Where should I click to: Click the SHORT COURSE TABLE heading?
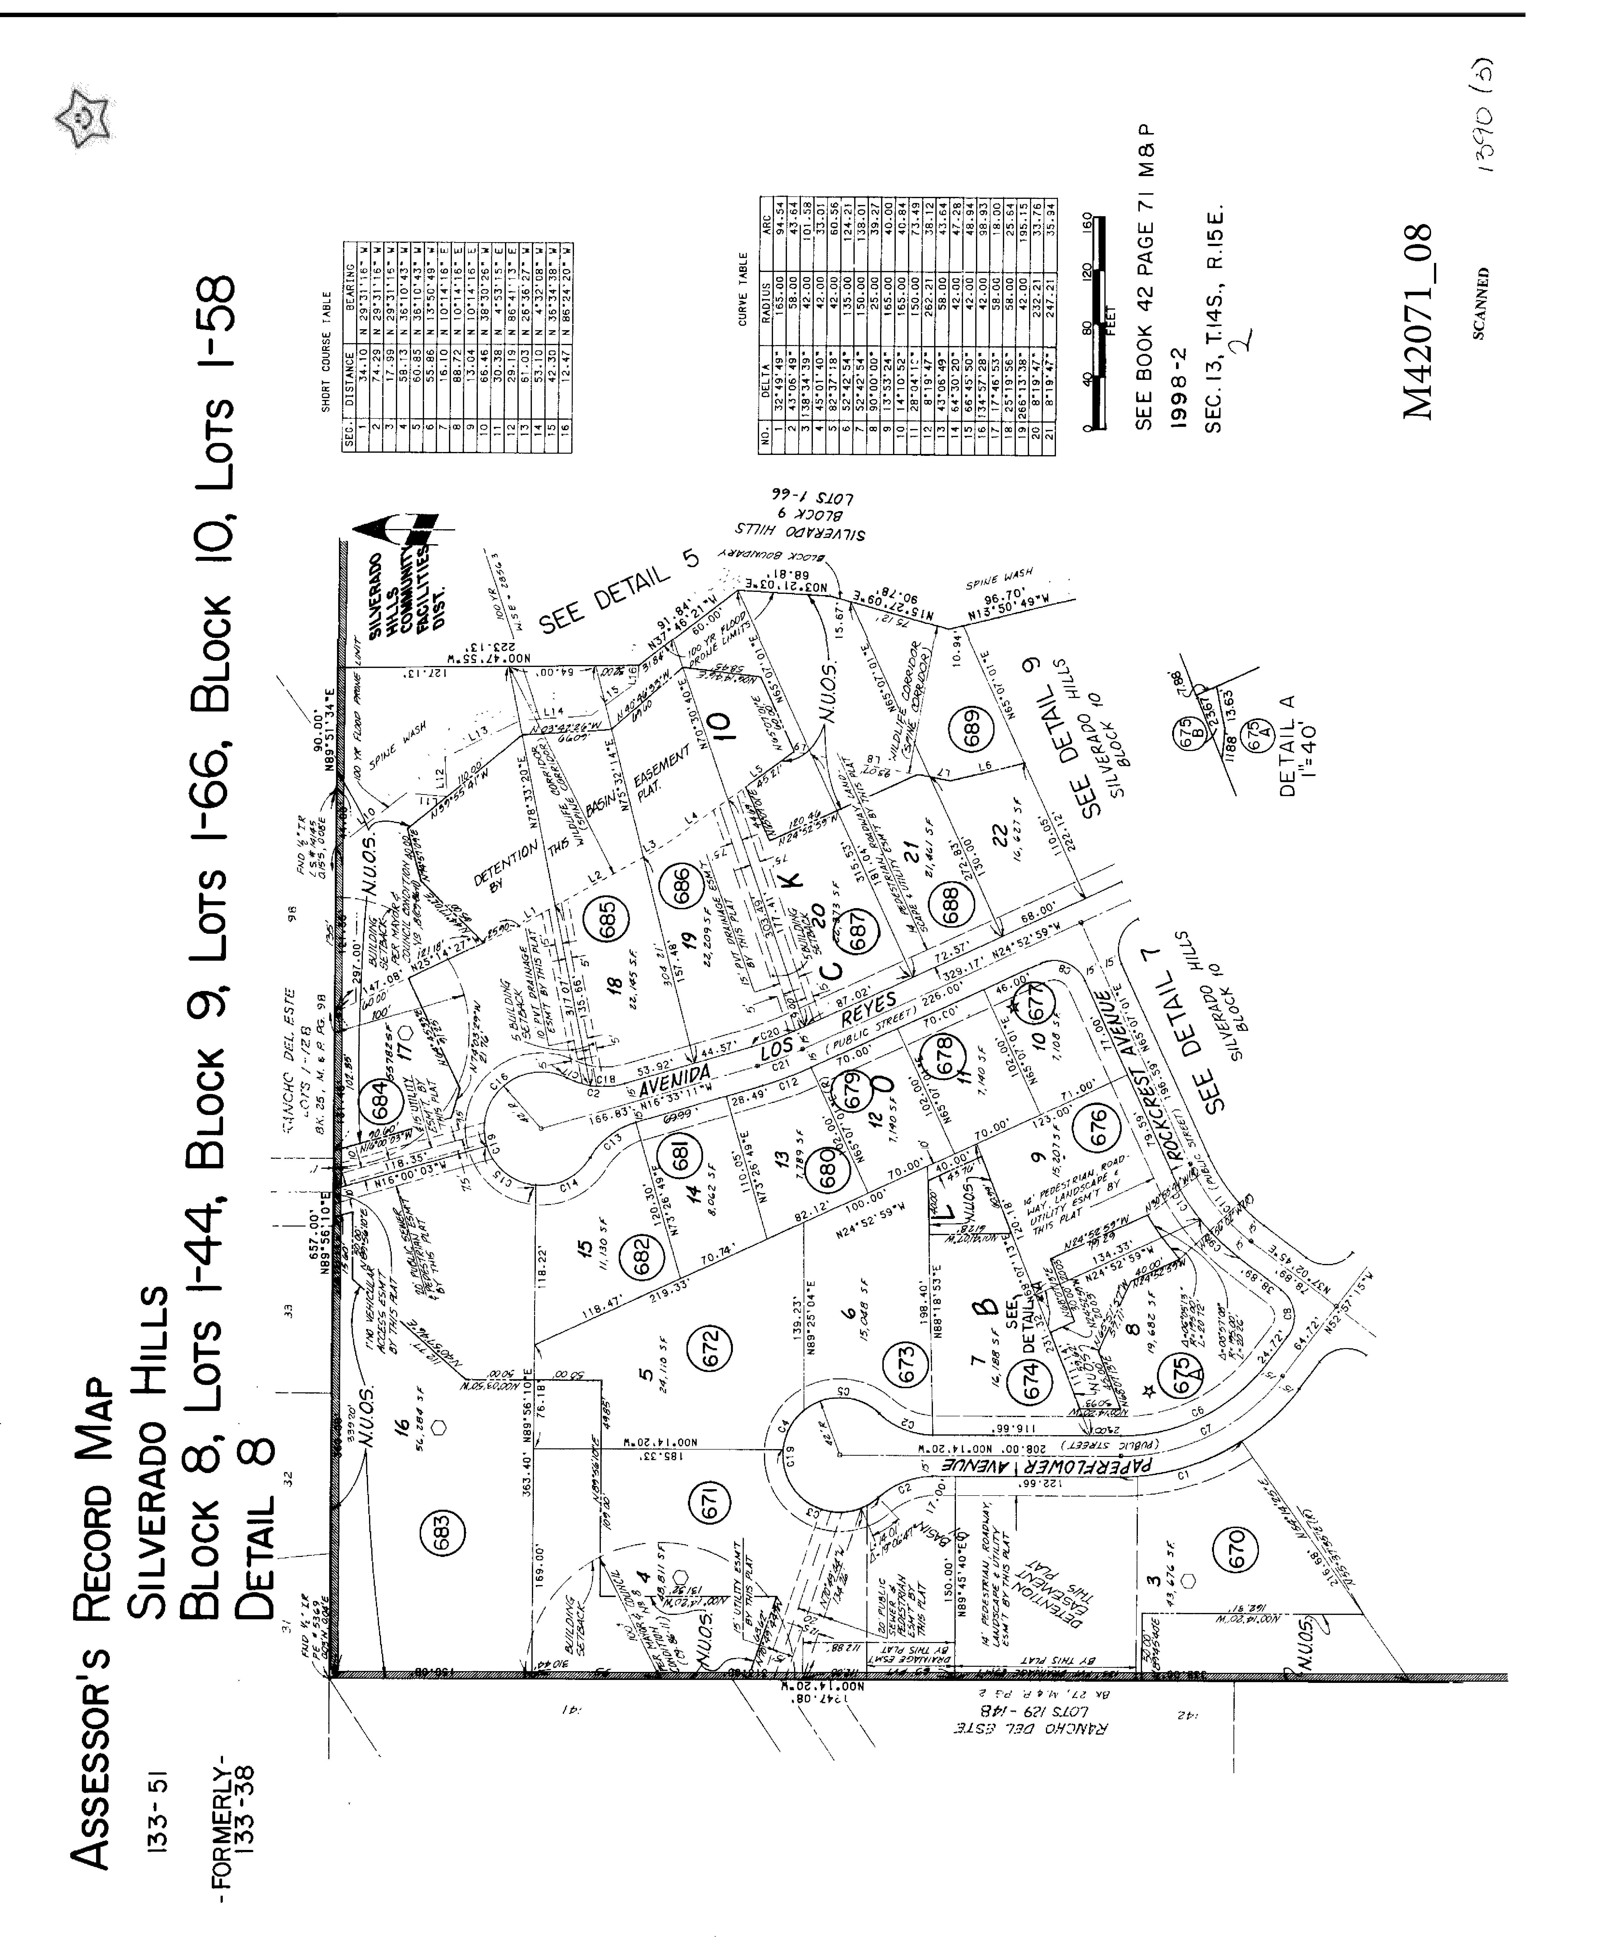click(x=325, y=358)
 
